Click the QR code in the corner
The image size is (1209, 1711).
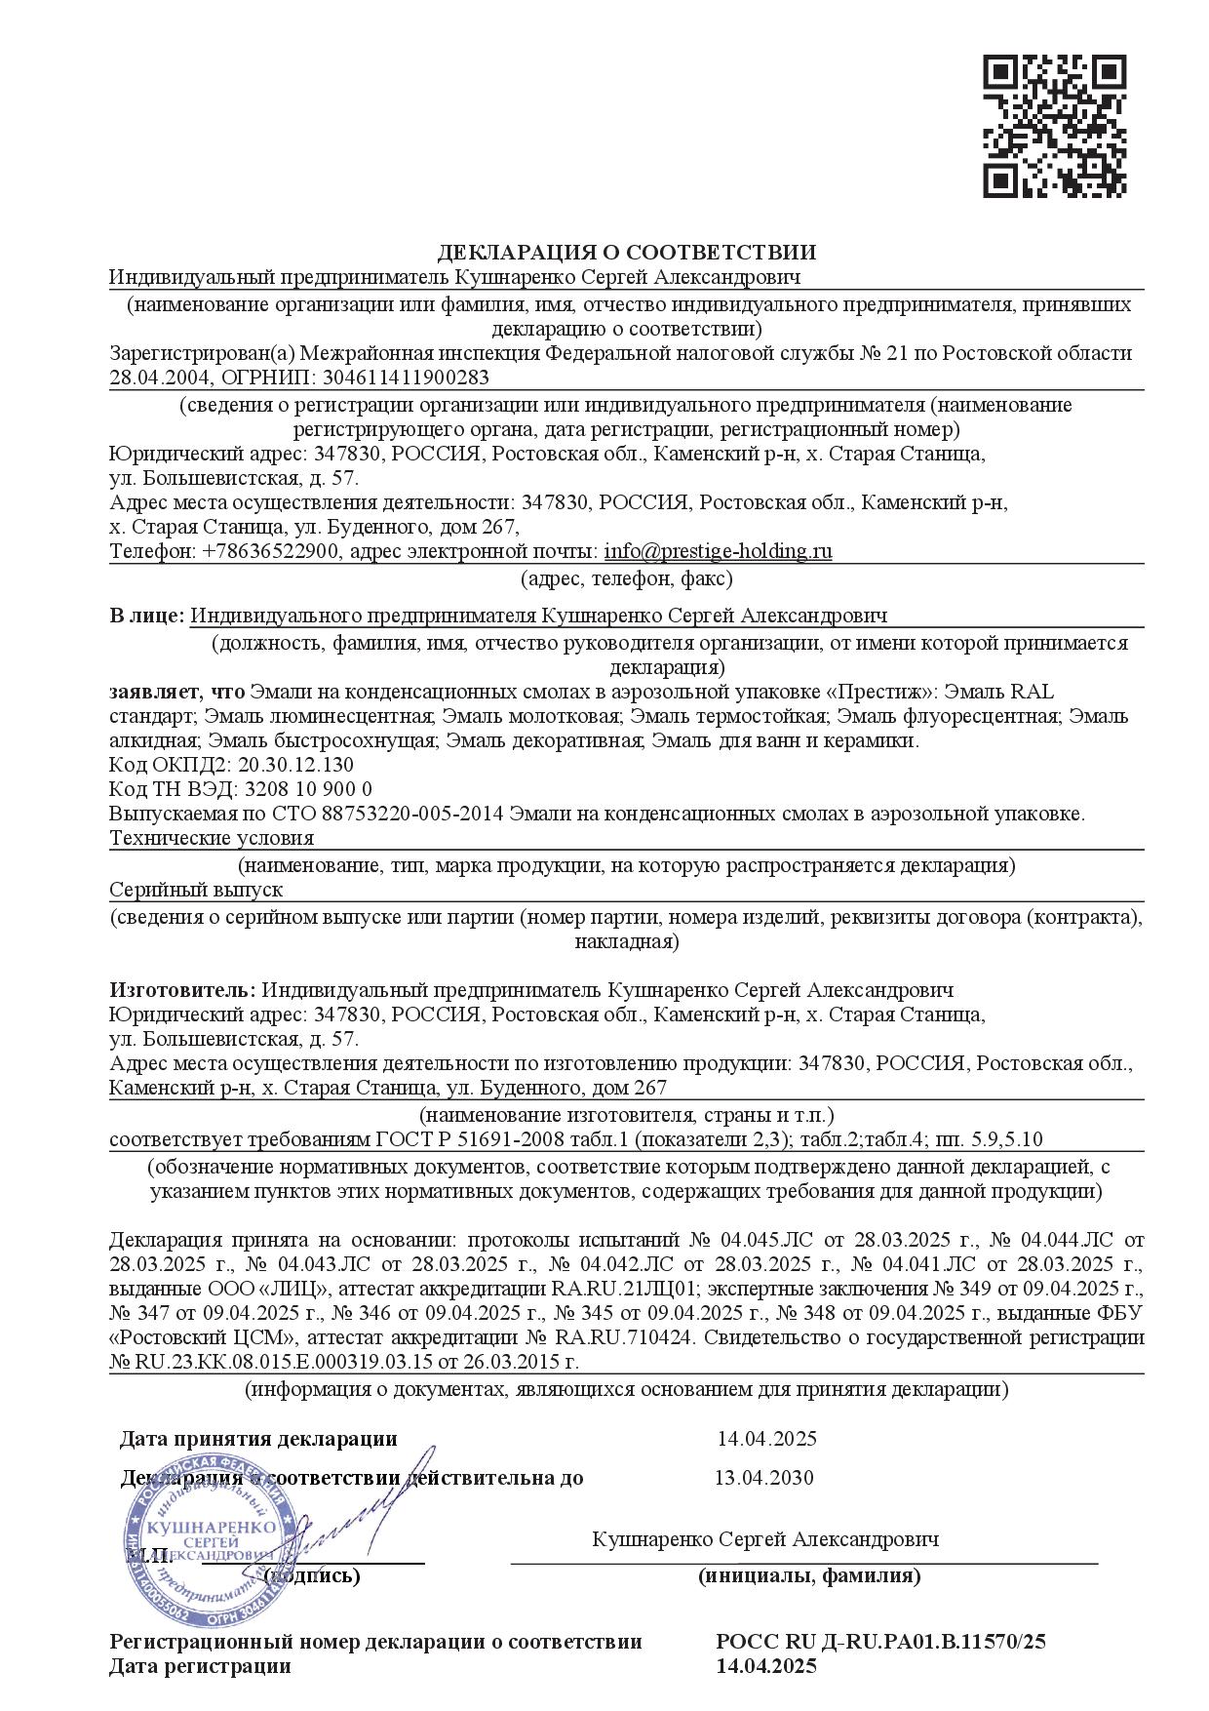click(1054, 126)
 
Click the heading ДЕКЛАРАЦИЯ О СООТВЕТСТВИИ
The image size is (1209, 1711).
click(626, 253)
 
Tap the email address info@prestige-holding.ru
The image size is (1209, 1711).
click(718, 551)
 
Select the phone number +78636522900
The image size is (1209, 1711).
click(271, 551)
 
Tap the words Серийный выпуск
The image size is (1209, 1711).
click(196, 890)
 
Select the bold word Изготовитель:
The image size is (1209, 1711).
click(183, 990)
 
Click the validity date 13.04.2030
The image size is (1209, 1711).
click(763, 1477)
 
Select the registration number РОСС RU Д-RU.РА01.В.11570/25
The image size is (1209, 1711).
click(880, 1642)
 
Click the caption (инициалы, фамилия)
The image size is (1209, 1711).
click(808, 1575)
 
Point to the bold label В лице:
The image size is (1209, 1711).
click(146, 616)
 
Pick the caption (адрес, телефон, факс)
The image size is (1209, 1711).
click(626, 578)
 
